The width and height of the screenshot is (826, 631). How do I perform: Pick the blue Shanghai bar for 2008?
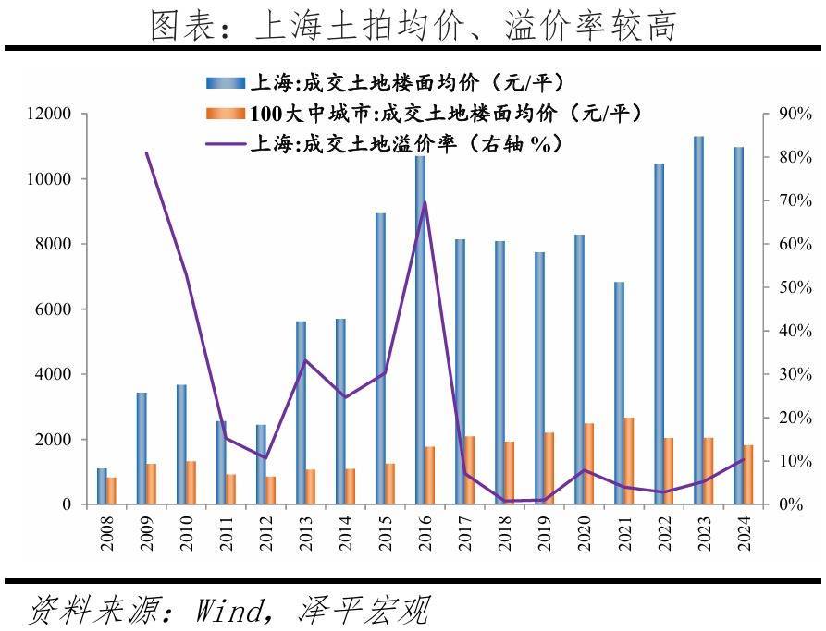click(102, 486)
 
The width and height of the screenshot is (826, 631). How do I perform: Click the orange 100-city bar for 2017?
click(470, 470)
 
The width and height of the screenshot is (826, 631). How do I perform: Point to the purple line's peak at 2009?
click(147, 152)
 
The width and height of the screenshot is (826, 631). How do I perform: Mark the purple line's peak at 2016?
click(425, 201)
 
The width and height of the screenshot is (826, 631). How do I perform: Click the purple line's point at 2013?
click(306, 360)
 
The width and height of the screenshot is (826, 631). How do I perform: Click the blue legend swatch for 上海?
click(226, 83)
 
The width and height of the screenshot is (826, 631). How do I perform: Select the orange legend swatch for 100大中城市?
click(226, 114)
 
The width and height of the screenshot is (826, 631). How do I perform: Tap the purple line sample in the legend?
click(226, 144)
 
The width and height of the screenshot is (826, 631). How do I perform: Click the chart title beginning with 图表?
click(413, 25)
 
